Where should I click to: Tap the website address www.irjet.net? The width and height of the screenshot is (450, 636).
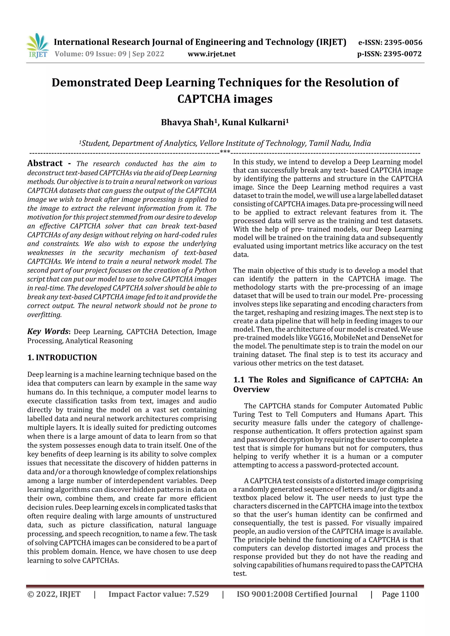[212, 54]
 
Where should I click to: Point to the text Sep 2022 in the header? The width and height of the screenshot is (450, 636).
[148, 54]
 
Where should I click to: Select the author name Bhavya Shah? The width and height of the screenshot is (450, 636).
[187, 123]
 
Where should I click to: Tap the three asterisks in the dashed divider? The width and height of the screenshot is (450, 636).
[225, 152]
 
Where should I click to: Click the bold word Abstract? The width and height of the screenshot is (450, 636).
[45, 163]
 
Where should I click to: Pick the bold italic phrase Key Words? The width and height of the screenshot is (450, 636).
[48, 332]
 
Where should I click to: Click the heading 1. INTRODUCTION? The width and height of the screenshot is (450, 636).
[62, 358]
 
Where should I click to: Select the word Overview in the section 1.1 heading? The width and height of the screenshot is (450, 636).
[251, 389]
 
